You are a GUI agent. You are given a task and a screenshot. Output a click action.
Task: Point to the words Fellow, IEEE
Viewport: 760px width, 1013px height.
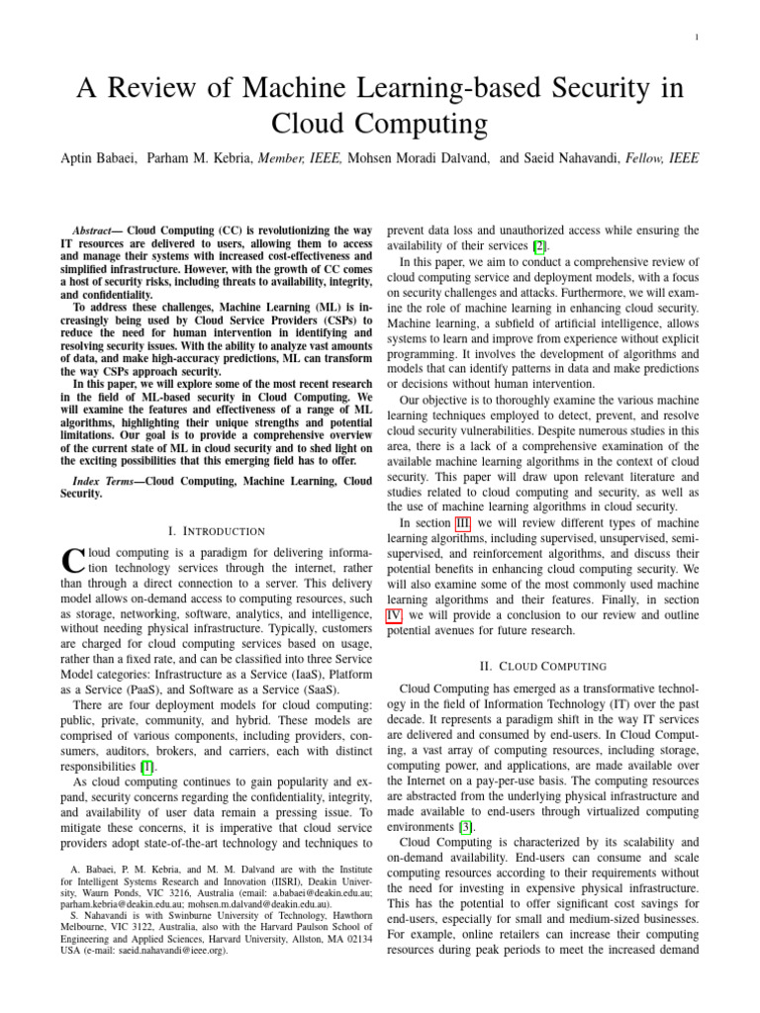point(669,159)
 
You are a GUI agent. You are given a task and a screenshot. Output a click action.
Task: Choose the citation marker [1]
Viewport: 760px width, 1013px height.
point(147,767)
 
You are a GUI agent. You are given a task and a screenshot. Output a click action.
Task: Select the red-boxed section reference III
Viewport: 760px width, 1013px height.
point(462,521)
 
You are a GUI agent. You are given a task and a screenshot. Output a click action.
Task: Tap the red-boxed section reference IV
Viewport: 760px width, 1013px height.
point(394,615)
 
